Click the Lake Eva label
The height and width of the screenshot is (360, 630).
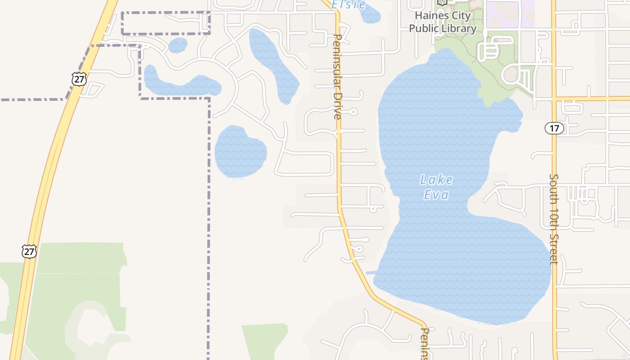[x=436, y=187]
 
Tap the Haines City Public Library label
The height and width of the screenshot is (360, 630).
[x=442, y=22]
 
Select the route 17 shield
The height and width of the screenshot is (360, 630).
[x=554, y=128]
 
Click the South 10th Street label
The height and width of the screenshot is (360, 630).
[x=554, y=219]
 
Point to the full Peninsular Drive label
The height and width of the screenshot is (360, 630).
[x=337, y=76]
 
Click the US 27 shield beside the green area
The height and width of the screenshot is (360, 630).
[x=29, y=251]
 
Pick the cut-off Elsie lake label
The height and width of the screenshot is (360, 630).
[x=348, y=5]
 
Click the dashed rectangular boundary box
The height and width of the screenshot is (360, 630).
[x=166, y=23]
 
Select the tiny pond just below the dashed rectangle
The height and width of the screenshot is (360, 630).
[x=178, y=45]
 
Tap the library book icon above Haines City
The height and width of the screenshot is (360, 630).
[x=442, y=2]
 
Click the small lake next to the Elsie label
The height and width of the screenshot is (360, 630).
[x=370, y=13]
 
